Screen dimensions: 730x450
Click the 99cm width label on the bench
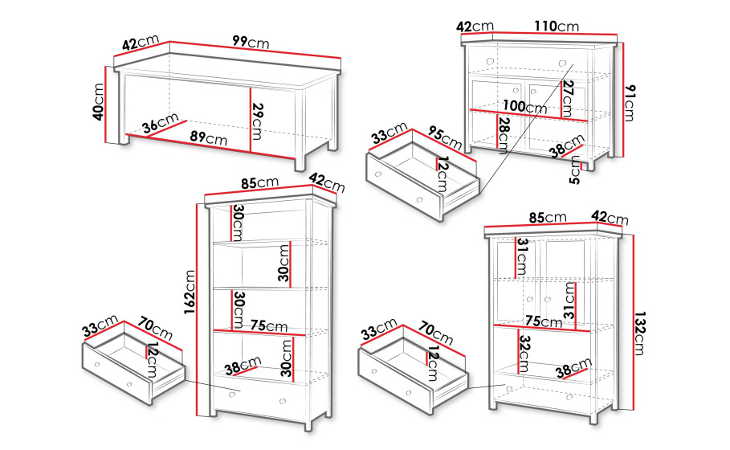tap(251, 42)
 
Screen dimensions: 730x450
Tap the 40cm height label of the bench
tap(98, 101)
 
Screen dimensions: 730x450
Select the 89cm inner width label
tap(209, 137)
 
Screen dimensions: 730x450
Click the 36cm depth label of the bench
tap(160, 124)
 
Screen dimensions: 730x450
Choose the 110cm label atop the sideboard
tap(557, 26)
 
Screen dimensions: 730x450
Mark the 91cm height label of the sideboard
tap(630, 103)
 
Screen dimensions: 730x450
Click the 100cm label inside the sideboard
tap(524, 106)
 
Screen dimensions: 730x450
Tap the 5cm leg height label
tap(576, 170)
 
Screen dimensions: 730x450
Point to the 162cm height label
tap(190, 292)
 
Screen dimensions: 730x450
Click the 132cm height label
tap(638, 333)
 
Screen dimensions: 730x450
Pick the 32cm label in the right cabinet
tap(524, 354)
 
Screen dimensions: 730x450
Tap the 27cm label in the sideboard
tap(568, 98)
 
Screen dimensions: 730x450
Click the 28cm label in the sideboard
tap(504, 135)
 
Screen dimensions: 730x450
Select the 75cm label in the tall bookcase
tap(268, 325)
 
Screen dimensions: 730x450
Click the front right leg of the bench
tap(300, 164)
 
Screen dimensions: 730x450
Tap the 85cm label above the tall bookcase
tap(259, 182)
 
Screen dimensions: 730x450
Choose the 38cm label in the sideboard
tap(567, 145)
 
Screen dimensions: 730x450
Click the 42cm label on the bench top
tap(141, 42)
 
